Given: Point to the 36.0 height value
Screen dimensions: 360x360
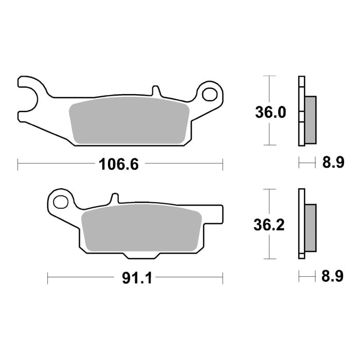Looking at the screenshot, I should click(270, 112).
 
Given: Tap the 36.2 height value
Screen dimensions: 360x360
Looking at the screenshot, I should click(270, 225).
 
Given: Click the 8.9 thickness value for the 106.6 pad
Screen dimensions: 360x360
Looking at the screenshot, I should click(333, 164).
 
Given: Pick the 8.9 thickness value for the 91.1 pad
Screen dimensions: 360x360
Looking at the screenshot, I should click(333, 278).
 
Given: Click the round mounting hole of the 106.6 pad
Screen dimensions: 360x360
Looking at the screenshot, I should click(210, 94).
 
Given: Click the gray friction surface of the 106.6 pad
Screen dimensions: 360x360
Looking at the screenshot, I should click(129, 121).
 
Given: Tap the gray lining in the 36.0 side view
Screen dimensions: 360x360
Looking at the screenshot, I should click(311, 119).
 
